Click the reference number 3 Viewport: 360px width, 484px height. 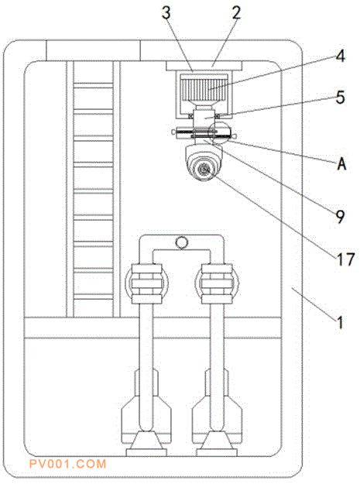[166, 13]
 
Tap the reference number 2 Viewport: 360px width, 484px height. [236, 13]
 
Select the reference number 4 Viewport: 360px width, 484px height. [340, 57]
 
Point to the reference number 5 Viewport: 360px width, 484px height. [340, 97]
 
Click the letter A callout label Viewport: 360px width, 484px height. [341, 163]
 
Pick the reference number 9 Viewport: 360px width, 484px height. [340, 216]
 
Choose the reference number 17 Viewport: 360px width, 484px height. [345, 259]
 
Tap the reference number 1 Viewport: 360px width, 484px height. [340, 323]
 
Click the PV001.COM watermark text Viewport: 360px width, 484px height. [67, 464]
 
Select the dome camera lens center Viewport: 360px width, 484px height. [204, 170]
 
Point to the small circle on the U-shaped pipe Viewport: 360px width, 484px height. [181, 242]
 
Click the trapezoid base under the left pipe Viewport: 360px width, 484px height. [146, 441]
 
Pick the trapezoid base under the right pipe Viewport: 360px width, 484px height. [217, 441]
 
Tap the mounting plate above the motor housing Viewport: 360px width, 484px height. [204, 66]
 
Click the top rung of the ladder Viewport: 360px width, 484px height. [94, 85]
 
